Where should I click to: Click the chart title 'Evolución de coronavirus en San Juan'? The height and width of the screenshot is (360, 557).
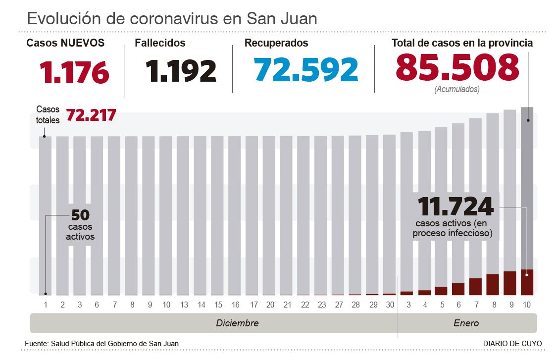point(172,19)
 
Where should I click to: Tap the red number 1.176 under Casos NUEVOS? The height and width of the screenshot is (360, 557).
point(74,72)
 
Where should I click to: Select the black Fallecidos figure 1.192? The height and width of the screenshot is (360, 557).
point(181,71)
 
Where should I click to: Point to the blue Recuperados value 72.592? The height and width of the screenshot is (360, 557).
point(306,70)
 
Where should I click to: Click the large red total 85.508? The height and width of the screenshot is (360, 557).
point(457,67)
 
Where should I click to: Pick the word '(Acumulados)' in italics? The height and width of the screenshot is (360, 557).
point(456,90)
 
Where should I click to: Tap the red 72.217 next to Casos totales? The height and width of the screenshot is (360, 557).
point(91,115)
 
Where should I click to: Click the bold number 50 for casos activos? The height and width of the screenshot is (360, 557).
point(80,215)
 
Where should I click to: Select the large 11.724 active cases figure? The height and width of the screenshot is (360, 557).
point(456,206)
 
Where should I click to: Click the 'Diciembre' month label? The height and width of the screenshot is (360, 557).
point(237,323)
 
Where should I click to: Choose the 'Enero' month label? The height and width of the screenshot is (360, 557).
point(466,323)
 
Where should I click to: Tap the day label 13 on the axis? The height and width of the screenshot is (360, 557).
point(184,305)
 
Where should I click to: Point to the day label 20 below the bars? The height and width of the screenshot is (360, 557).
point(270,305)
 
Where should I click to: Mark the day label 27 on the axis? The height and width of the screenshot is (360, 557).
point(339,305)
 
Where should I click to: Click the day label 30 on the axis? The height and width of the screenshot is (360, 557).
point(390,305)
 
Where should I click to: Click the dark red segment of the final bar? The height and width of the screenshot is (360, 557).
point(527,282)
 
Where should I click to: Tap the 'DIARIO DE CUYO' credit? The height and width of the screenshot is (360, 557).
point(512,343)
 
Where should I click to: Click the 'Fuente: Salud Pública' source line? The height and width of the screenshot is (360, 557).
point(101,343)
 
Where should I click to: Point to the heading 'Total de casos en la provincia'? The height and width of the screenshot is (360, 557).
point(462,43)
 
